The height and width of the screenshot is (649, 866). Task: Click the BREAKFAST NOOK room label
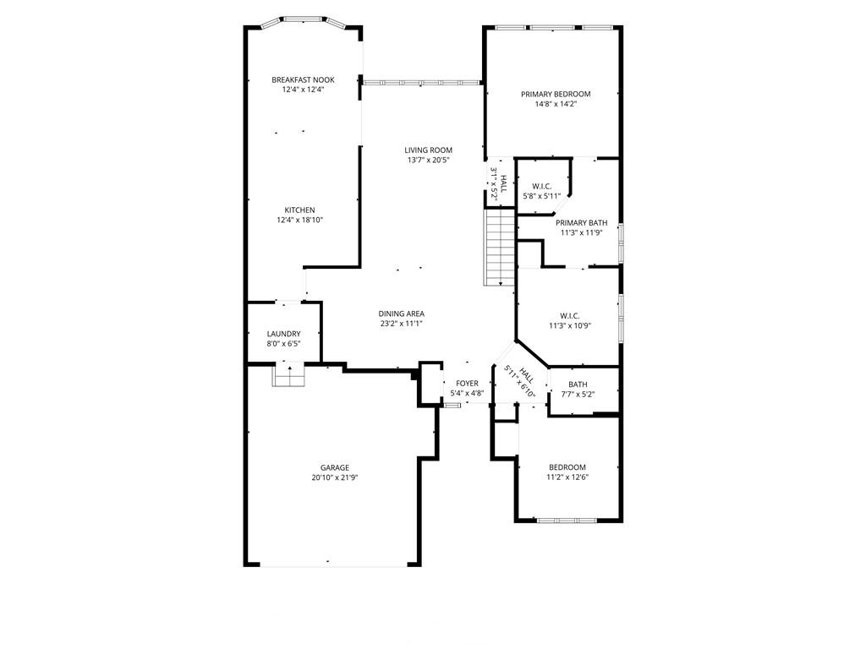point(303,80)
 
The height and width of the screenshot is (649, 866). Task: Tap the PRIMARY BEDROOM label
point(556,95)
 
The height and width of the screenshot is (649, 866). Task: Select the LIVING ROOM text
point(428,150)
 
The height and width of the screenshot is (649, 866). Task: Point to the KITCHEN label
point(300,210)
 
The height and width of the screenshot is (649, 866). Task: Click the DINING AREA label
point(402,314)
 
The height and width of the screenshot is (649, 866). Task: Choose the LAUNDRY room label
point(283,334)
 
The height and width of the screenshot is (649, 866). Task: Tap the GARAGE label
point(335,468)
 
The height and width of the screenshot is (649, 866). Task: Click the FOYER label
point(467,384)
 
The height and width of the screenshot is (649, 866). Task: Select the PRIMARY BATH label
point(582,223)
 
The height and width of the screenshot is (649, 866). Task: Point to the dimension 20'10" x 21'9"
point(335,478)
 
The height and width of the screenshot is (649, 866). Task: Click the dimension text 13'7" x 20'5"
point(428,160)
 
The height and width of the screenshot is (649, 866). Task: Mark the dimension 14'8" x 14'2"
point(556,104)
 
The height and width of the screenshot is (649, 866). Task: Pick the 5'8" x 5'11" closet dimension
point(542,195)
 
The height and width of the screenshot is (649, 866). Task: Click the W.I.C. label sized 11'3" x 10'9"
point(569,316)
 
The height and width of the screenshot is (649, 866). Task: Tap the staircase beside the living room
point(500,248)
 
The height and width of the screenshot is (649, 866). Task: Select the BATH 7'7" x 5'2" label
point(578,384)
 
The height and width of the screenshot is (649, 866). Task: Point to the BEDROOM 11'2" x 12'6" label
point(567,467)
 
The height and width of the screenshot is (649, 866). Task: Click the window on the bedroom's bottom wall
point(567,520)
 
